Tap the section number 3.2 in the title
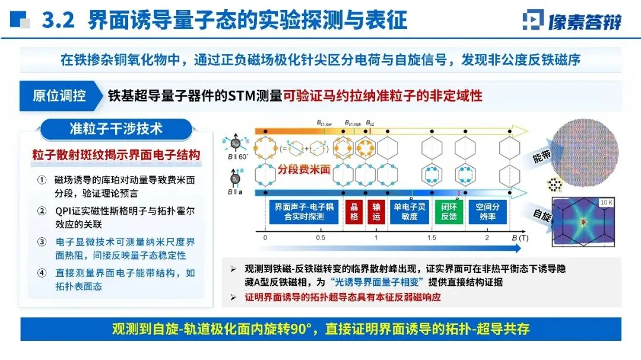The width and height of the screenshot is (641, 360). click(x=58, y=21)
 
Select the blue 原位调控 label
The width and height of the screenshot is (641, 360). click(x=59, y=95)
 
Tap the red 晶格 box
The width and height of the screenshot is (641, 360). click(x=354, y=212)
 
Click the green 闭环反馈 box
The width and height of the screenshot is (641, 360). click(x=448, y=212)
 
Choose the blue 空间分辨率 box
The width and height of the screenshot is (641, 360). click(x=487, y=212)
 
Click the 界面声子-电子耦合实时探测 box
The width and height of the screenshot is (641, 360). click(x=304, y=212)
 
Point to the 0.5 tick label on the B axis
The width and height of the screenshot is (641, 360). click(x=320, y=238)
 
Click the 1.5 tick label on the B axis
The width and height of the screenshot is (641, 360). click(x=431, y=238)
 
